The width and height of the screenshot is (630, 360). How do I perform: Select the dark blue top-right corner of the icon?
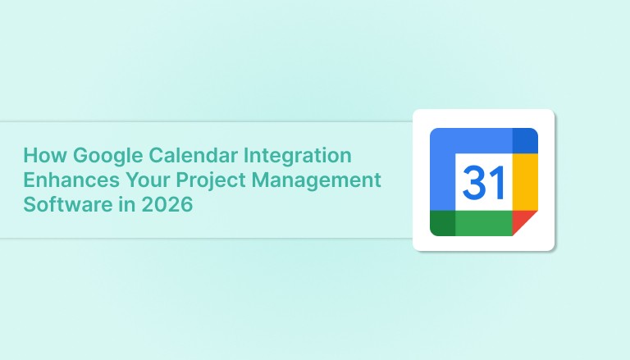[x=524, y=140]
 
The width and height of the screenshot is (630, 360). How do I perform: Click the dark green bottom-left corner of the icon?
[x=442, y=223]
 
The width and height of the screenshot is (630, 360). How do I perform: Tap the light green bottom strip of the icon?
[x=483, y=223]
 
